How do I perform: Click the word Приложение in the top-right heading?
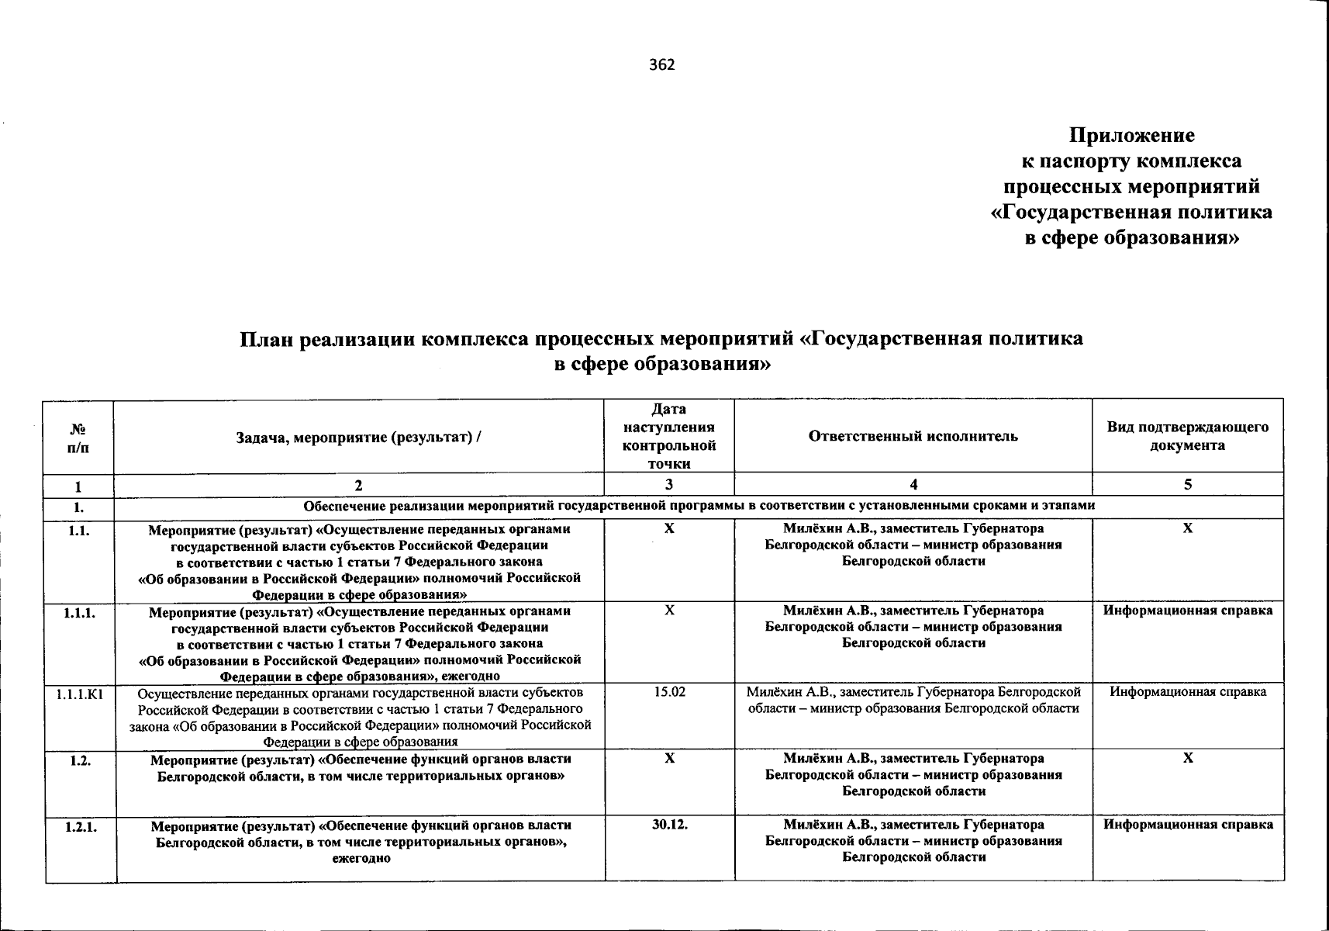[1131, 136]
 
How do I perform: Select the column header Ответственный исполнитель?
[913, 436]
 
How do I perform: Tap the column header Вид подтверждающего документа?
[1187, 436]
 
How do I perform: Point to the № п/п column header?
[78, 437]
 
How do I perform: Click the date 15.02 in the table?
[669, 691]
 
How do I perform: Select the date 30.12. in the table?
[669, 825]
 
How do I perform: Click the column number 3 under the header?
[668, 485]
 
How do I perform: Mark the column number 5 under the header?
[1187, 485]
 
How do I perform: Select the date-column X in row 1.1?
[669, 528]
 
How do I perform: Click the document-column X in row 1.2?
[1187, 758]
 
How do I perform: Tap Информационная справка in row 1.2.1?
[1188, 825]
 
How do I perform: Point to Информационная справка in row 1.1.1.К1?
[1188, 691]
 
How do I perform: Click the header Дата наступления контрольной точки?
[668, 436]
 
